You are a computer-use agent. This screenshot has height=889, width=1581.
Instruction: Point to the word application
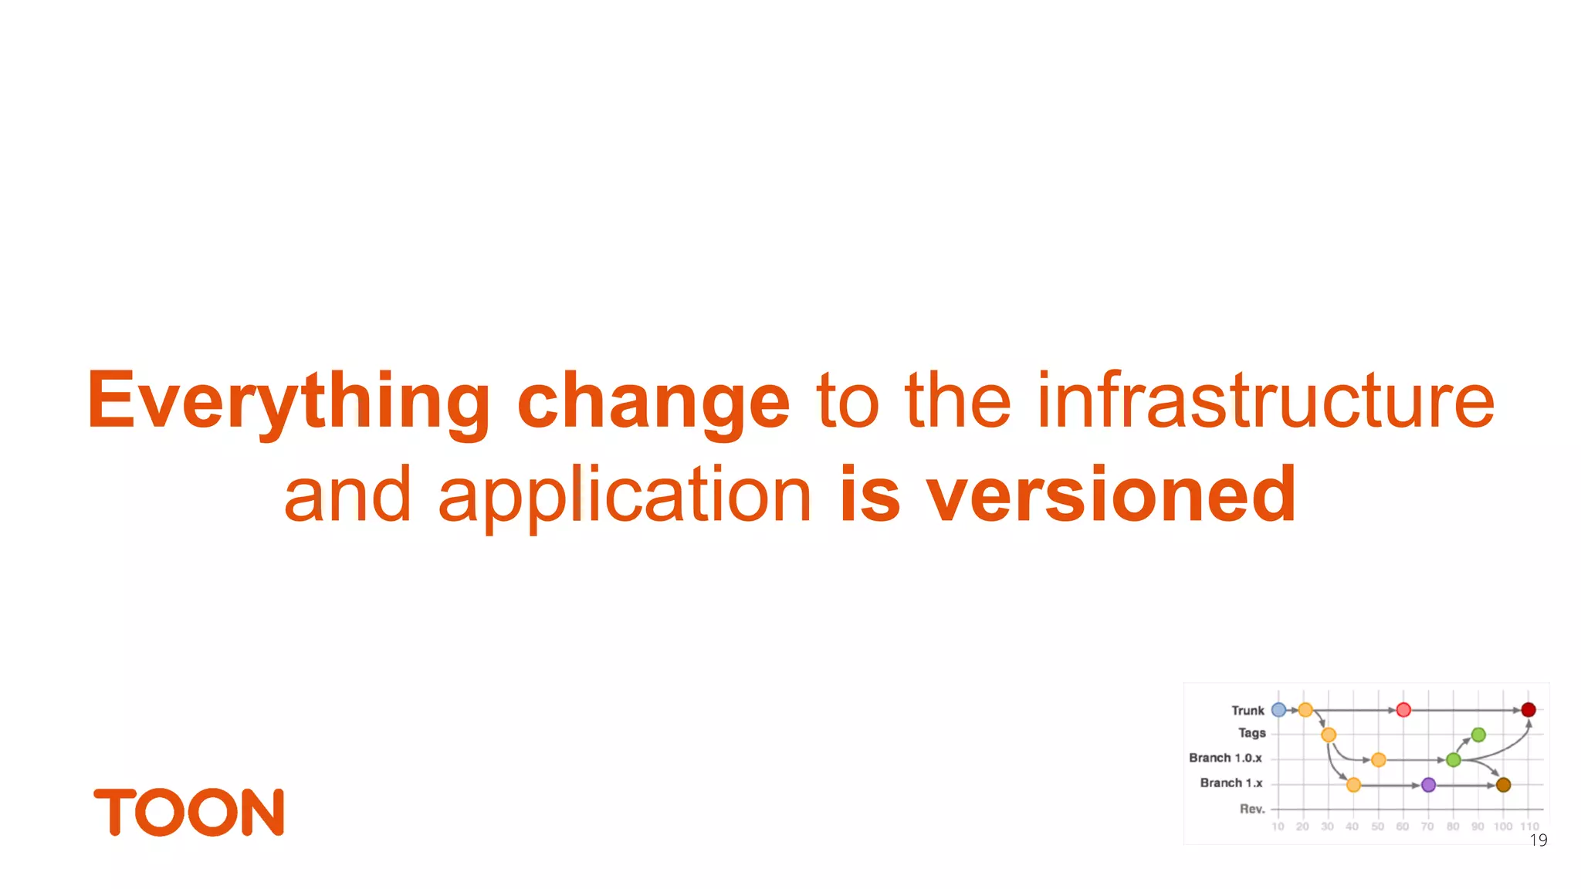point(625,495)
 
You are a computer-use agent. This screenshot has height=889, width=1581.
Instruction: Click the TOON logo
point(189,812)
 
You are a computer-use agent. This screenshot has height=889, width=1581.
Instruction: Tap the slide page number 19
point(1538,840)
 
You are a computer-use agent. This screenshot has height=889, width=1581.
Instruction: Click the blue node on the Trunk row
point(1278,710)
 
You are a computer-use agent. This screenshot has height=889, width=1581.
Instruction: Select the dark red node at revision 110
point(1528,710)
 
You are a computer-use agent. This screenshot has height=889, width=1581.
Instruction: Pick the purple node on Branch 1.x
point(1428,785)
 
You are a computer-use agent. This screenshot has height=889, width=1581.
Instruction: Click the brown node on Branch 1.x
point(1503,785)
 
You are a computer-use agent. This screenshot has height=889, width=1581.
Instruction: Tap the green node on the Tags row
point(1478,735)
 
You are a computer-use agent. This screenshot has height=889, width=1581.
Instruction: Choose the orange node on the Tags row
point(1329,735)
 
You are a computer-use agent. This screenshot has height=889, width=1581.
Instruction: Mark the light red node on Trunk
point(1403,710)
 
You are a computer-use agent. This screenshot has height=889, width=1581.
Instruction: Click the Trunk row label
point(1248,711)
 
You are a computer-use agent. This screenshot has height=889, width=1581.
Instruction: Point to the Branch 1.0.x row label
point(1225,759)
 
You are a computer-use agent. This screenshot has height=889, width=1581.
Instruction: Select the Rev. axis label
point(1252,809)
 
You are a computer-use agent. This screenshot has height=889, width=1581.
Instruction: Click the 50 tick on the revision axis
point(1378,826)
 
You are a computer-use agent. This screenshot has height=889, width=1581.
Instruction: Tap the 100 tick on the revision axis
point(1503,826)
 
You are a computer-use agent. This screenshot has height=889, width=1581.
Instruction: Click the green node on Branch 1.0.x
point(1454,760)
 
